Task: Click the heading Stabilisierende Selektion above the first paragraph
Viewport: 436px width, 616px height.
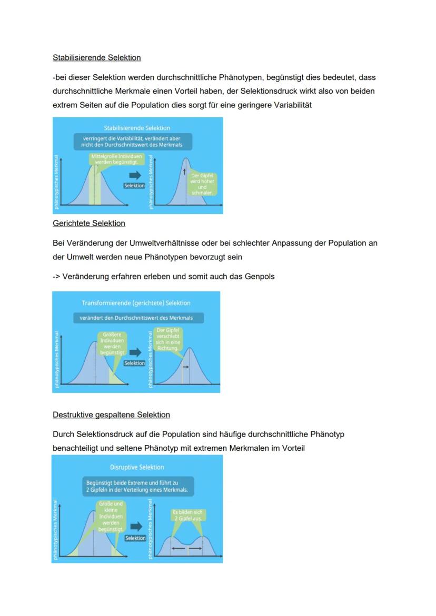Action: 97,57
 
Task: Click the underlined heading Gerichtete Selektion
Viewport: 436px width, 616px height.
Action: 89,224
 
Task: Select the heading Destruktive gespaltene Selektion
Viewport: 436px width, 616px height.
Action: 111,415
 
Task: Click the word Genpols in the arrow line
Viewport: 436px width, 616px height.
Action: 260,276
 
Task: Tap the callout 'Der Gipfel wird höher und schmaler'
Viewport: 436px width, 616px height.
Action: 202,184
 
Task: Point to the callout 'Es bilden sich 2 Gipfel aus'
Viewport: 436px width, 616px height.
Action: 187,515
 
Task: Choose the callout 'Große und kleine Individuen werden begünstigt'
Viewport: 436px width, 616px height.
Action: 111,516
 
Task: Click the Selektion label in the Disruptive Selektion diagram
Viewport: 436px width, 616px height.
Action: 135,538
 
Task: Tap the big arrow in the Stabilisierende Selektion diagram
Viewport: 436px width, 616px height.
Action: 135,175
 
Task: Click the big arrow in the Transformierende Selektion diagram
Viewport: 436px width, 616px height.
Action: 135,352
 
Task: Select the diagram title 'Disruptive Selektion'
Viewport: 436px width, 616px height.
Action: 137,467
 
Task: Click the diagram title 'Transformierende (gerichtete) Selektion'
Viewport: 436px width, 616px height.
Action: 136,303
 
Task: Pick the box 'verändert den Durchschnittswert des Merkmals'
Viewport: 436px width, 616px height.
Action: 136,318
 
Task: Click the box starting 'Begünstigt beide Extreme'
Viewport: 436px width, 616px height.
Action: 138,486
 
